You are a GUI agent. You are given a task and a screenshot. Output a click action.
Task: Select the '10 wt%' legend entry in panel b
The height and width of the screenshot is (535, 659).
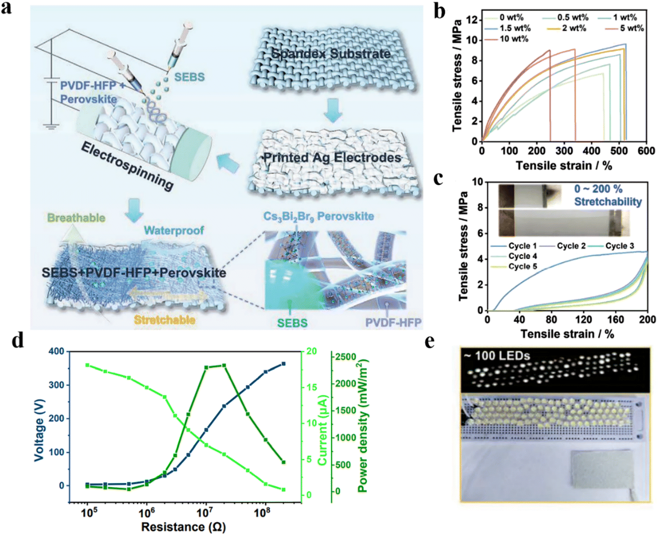(514, 39)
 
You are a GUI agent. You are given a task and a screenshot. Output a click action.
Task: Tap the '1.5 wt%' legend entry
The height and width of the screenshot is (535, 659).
(515, 28)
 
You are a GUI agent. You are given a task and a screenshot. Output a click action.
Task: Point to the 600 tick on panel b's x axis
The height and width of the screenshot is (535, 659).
(646, 151)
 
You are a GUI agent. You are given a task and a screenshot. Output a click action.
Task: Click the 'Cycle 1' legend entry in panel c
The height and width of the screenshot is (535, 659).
(522, 246)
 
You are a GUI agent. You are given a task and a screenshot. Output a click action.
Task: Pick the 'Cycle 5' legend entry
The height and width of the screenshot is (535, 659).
(522, 267)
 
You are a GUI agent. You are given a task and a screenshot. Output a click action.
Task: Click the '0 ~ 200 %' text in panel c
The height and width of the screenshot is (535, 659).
(598, 189)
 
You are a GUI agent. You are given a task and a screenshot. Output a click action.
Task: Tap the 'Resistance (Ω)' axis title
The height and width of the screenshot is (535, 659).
(183, 526)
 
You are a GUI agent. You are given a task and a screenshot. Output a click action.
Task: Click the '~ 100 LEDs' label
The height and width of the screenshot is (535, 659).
(497, 355)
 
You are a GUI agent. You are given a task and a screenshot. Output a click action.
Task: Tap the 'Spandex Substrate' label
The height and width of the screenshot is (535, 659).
(330, 54)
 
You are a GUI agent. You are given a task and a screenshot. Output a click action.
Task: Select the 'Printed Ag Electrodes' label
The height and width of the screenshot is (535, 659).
(332, 158)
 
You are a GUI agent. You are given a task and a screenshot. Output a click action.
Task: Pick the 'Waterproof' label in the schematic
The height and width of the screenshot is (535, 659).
(174, 230)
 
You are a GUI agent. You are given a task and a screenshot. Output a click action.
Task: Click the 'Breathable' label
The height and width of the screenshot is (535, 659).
(76, 218)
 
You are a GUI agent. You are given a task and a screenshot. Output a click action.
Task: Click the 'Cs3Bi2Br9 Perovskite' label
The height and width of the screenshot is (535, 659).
(319, 217)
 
